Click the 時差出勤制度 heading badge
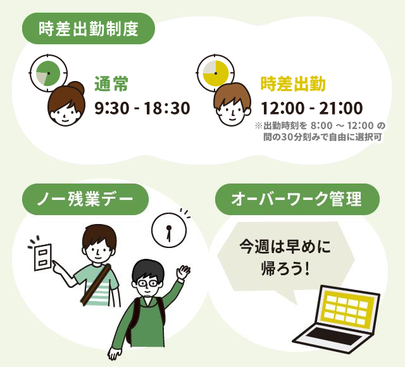pyautogui.click(x=89, y=28)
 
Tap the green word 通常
pyautogui.click(x=111, y=84)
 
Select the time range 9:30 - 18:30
pyautogui.click(x=142, y=108)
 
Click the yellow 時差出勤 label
pyautogui.click(x=293, y=84)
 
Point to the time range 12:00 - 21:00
pyautogui.click(x=312, y=108)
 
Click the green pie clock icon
pyautogui.click(x=48, y=73)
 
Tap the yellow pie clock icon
pyautogui.click(x=215, y=73)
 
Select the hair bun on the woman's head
pyautogui.click(x=77, y=88)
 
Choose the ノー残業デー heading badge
pyautogui.click(x=85, y=199)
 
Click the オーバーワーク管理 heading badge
pyautogui.click(x=297, y=199)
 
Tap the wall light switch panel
pyautogui.click(x=43, y=258)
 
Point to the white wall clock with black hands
pyautogui.click(x=169, y=230)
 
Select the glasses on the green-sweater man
pyautogui.click(x=147, y=283)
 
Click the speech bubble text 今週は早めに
pyautogui.click(x=285, y=247)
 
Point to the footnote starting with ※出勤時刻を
pyautogui.click(x=320, y=132)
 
